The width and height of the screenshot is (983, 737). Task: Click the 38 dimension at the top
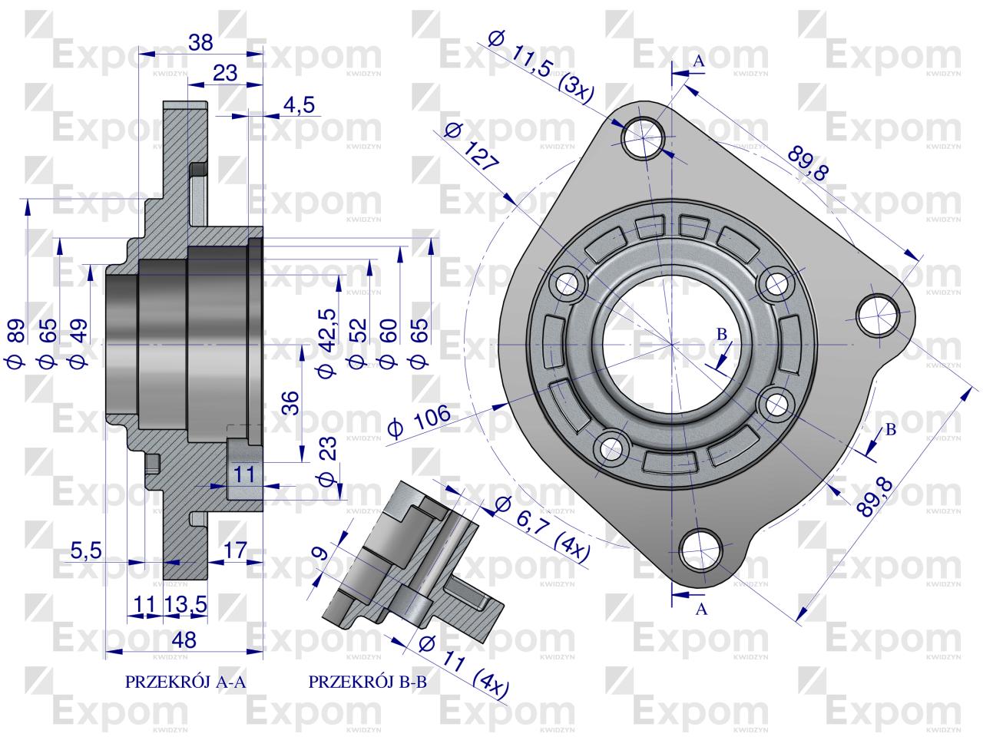(x=200, y=43)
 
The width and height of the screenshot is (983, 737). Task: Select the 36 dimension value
(x=290, y=402)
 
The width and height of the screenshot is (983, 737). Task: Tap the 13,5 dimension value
(x=187, y=604)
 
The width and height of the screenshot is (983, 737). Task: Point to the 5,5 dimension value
(x=85, y=550)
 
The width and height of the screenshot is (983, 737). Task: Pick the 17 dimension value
(x=234, y=550)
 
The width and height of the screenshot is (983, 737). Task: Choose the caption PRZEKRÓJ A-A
(x=184, y=681)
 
